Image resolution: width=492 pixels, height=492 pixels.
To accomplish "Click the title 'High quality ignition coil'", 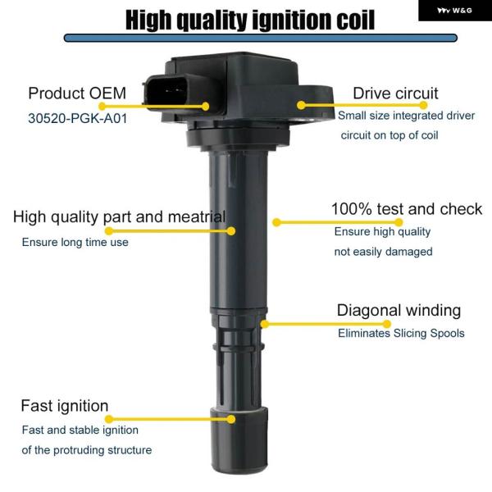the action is click(x=250, y=20).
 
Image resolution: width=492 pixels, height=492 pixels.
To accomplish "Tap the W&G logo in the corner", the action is click(x=454, y=11).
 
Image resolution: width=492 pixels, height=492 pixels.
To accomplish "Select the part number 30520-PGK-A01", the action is click(x=78, y=119).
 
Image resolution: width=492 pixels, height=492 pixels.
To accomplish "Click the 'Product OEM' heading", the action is click(x=77, y=93).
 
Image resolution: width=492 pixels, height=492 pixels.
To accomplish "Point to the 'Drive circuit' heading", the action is click(x=395, y=93).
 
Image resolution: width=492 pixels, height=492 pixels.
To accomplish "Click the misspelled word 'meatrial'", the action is click(x=197, y=216).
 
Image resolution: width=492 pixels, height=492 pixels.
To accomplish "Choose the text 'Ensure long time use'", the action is click(x=75, y=242).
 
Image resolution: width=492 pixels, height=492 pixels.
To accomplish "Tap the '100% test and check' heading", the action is click(x=407, y=209).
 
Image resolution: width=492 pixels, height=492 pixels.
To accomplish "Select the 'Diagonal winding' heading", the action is click(x=399, y=311).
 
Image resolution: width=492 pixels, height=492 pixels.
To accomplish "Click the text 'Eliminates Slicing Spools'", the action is click(x=401, y=333).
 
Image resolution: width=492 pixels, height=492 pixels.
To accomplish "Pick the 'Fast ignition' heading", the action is click(x=65, y=406).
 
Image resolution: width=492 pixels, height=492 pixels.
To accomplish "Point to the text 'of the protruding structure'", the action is click(x=87, y=450).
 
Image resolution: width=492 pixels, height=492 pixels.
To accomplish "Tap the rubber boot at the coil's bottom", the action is click(x=239, y=440).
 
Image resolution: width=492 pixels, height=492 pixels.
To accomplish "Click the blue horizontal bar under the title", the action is click(x=261, y=38).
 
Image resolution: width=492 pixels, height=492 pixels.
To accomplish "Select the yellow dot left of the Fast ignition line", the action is click(x=109, y=419).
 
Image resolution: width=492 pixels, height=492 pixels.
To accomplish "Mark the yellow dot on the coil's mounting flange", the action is click(x=301, y=105).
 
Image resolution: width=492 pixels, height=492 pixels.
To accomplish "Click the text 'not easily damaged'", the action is click(x=383, y=252).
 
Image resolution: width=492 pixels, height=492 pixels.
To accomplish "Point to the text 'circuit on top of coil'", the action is click(x=389, y=135).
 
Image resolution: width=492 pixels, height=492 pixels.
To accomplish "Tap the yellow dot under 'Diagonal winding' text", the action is click(x=387, y=324).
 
